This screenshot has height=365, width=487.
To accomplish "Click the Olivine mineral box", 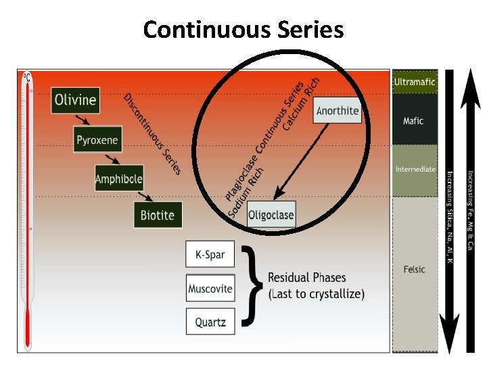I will pyautogui.click(x=75, y=101).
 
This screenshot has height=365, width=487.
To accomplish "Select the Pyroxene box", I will pyautogui.click(x=97, y=141).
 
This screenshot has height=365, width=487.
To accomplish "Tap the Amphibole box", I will pyautogui.click(x=118, y=178).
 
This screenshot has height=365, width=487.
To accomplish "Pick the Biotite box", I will pyautogui.click(x=157, y=216).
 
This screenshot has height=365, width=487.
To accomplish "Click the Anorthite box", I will pyautogui.click(x=338, y=111).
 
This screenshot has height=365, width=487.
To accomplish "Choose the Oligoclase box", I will pyautogui.click(x=271, y=216).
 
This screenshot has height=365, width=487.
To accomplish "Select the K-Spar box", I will pyautogui.click(x=210, y=255).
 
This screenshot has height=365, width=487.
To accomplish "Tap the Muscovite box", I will pyautogui.click(x=210, y=289).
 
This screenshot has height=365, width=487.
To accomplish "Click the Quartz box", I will pyautogui.click(x=210, y=322).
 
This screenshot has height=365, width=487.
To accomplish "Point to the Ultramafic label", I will pyautogui.click(x=415, y=82).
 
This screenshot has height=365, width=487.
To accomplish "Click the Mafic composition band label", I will pyautogui.click(x=413, y=121).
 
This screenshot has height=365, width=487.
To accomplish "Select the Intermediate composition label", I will pyautogui.click(x=415, y=169).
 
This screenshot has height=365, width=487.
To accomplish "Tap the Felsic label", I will pyautogui.click(x=414, y=269).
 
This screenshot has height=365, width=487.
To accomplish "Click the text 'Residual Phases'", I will pyautogui.click(x=306, y=277).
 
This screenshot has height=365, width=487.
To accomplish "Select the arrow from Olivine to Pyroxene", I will pyautogui.click(x=83, y=120).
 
